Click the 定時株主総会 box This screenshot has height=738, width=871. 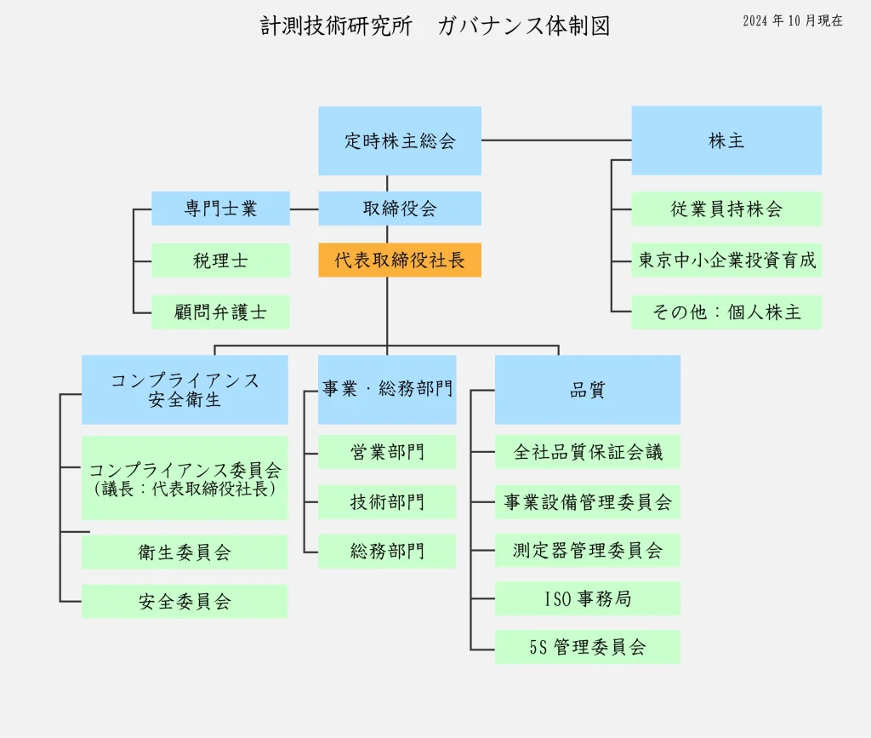click(x=400, y=140)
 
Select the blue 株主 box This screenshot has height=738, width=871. click(x=726, y=140)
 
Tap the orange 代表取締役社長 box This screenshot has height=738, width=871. click(x=400, y=260)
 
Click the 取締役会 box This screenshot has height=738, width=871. click(x=400, y=209)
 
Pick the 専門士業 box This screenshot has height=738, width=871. click(x=220, y=209)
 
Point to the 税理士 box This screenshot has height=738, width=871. click(x=220, y=260)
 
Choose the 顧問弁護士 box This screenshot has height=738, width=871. click(x=220, y=312)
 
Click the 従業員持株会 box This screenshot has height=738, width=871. click(x=726, y=209)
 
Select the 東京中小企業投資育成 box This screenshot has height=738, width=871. click(x=726, y=260)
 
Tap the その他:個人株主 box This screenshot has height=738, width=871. click(x=726, y=312)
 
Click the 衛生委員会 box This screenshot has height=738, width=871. click(x=185, y=552)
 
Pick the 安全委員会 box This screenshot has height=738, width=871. click(x=185, y=602)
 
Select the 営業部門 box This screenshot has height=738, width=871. click(x=387, y=452)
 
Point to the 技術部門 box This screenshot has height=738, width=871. click(x=387, y=502)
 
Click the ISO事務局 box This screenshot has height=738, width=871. click(x=588, y=598)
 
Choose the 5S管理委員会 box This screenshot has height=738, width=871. click(x=588, y=647)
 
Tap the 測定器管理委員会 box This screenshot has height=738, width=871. click(x=588, y=550)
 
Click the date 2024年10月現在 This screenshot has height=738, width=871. click(x=793, y=21)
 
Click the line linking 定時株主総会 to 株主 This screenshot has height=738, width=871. click(x=556, y=140)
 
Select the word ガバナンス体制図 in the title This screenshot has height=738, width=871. click(x=524, y=26)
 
